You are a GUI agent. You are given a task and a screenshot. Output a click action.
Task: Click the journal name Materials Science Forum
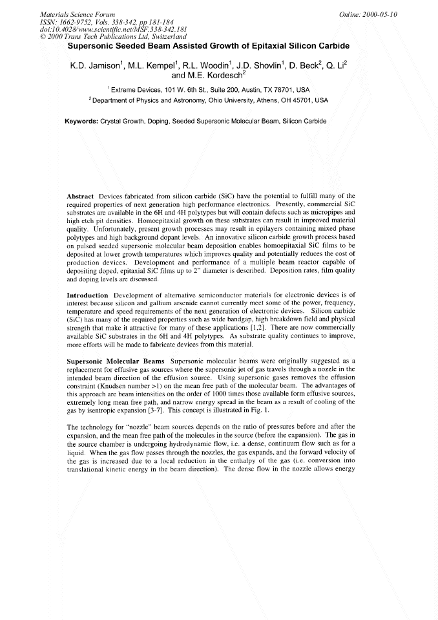tap(70, 14)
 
